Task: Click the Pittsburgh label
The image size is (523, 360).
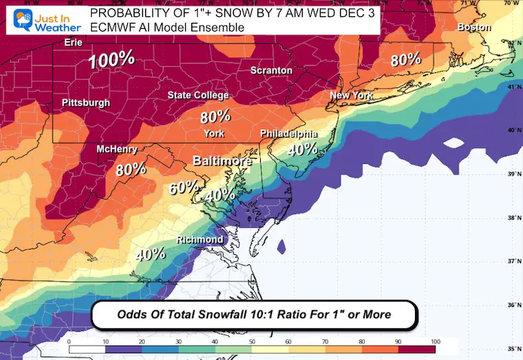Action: click(86, 103)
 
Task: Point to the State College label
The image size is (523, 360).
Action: click(198, 95)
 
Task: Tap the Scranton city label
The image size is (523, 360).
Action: click(271, 70)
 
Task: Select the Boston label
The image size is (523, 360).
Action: click(474, 27)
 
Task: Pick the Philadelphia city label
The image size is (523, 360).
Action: click(289, 134)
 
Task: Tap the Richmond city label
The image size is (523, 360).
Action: click(200, 239)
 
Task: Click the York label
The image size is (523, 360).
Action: click(214, 134)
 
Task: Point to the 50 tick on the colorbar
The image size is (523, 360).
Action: click(252, 341)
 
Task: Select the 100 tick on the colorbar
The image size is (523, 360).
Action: click(434, 341)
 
